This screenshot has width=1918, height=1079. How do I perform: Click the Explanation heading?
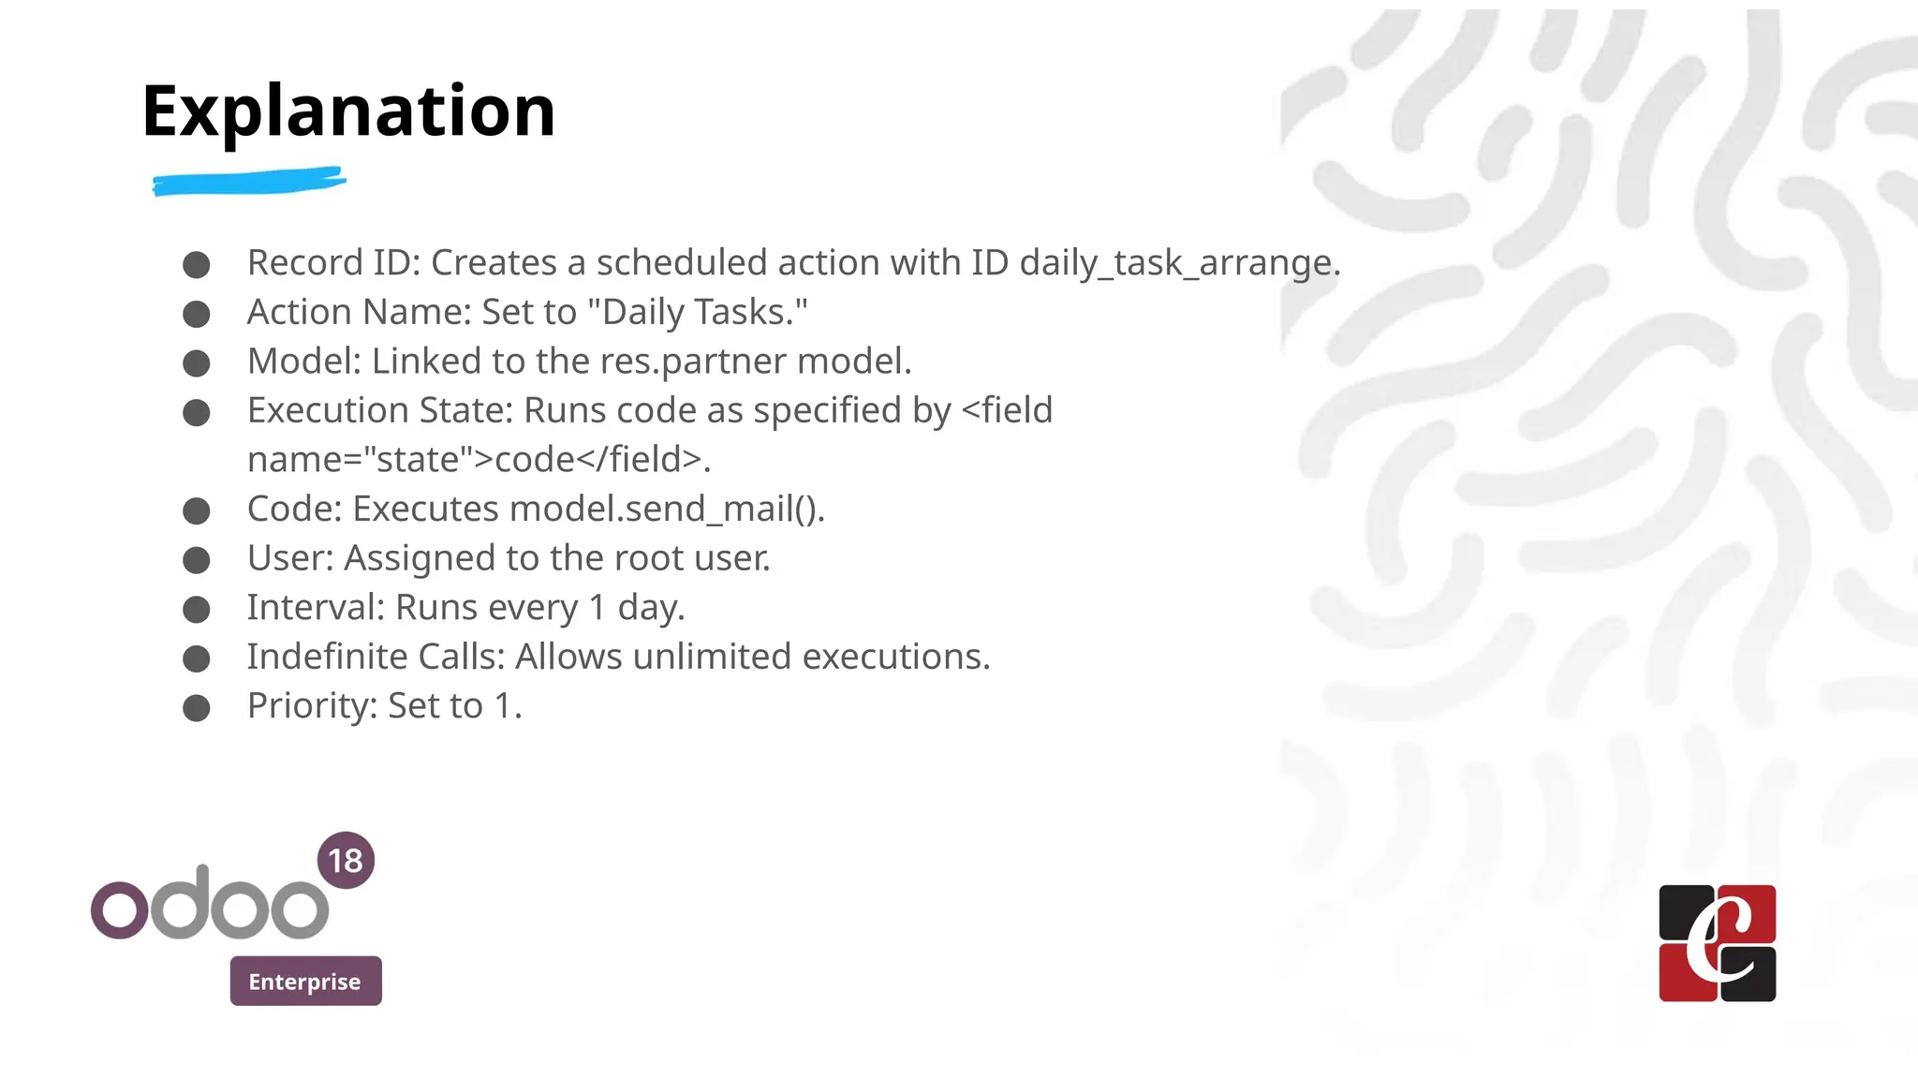pos(348,111)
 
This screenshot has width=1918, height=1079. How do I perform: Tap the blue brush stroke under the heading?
pos(249,181)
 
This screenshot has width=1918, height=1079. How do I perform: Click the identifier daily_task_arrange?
pos(1178,263)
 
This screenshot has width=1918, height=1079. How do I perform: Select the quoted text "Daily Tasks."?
pos(697,313)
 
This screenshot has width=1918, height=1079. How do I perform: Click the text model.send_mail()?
pos(666,510)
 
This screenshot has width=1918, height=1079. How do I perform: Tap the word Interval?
pos(315,608)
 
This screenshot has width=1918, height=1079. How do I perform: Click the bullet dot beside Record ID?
pos(197,265)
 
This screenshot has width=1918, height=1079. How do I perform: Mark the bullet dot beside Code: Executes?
pos(197,511)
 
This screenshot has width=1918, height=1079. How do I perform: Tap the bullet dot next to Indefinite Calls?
pos(197,659)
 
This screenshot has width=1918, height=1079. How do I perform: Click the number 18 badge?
pos(346,861)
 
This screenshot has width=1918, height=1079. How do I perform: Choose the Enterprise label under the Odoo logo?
pos(305,982)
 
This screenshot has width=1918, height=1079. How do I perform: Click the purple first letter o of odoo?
pos(120,909)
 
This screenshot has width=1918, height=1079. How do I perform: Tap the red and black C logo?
pos(1717,943)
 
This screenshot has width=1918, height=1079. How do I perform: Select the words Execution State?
pos(379,411)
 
